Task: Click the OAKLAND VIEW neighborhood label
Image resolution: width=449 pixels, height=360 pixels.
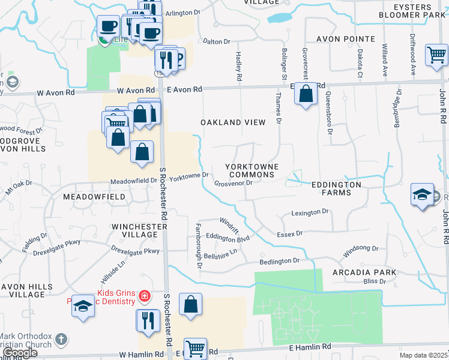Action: click(x=233, y=122)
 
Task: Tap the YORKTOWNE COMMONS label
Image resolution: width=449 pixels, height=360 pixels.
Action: click(x=250, y=170)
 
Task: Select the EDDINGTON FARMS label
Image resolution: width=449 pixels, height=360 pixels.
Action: click(x=336, y=190)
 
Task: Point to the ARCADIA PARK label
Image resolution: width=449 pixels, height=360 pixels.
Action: click(x=364, y=272)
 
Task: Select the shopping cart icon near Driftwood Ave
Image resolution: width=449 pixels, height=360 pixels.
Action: click(x=436, y=55)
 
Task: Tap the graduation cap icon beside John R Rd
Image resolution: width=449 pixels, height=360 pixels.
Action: click(x=423, y=194)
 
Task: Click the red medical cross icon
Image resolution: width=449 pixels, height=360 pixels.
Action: click(x=144, y=296)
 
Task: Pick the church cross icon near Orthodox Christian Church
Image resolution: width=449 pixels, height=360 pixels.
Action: click(x=61, y=340)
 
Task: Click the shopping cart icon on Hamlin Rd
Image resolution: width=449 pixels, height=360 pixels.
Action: click(x=195, y=347)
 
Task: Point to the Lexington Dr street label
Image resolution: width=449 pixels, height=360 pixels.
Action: click(x=310, y=212)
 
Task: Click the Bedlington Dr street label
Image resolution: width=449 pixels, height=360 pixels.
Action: click(x=279, y=261)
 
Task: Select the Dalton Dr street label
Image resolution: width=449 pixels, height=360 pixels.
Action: click(x=217, y=41)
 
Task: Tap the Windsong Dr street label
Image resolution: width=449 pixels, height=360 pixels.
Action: click(x=360, y=248)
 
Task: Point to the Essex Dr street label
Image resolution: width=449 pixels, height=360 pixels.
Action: click(x=290, y=233)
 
